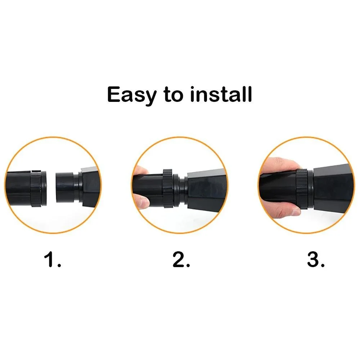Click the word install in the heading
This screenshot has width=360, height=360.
coord(221,94)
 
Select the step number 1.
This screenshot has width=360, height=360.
coord(53,260)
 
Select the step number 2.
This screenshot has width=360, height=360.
coord(181,260)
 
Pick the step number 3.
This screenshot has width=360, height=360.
coord(316,260)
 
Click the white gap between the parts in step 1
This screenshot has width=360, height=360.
coord(51,187)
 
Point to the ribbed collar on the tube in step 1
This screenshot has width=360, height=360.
coord(36,188)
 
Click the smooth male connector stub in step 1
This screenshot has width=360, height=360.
coord(65,187)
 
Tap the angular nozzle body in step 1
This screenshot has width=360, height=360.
coord(90,187)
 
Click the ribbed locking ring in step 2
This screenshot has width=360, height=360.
coord(168,188)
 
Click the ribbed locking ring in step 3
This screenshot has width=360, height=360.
coord(301,189)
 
